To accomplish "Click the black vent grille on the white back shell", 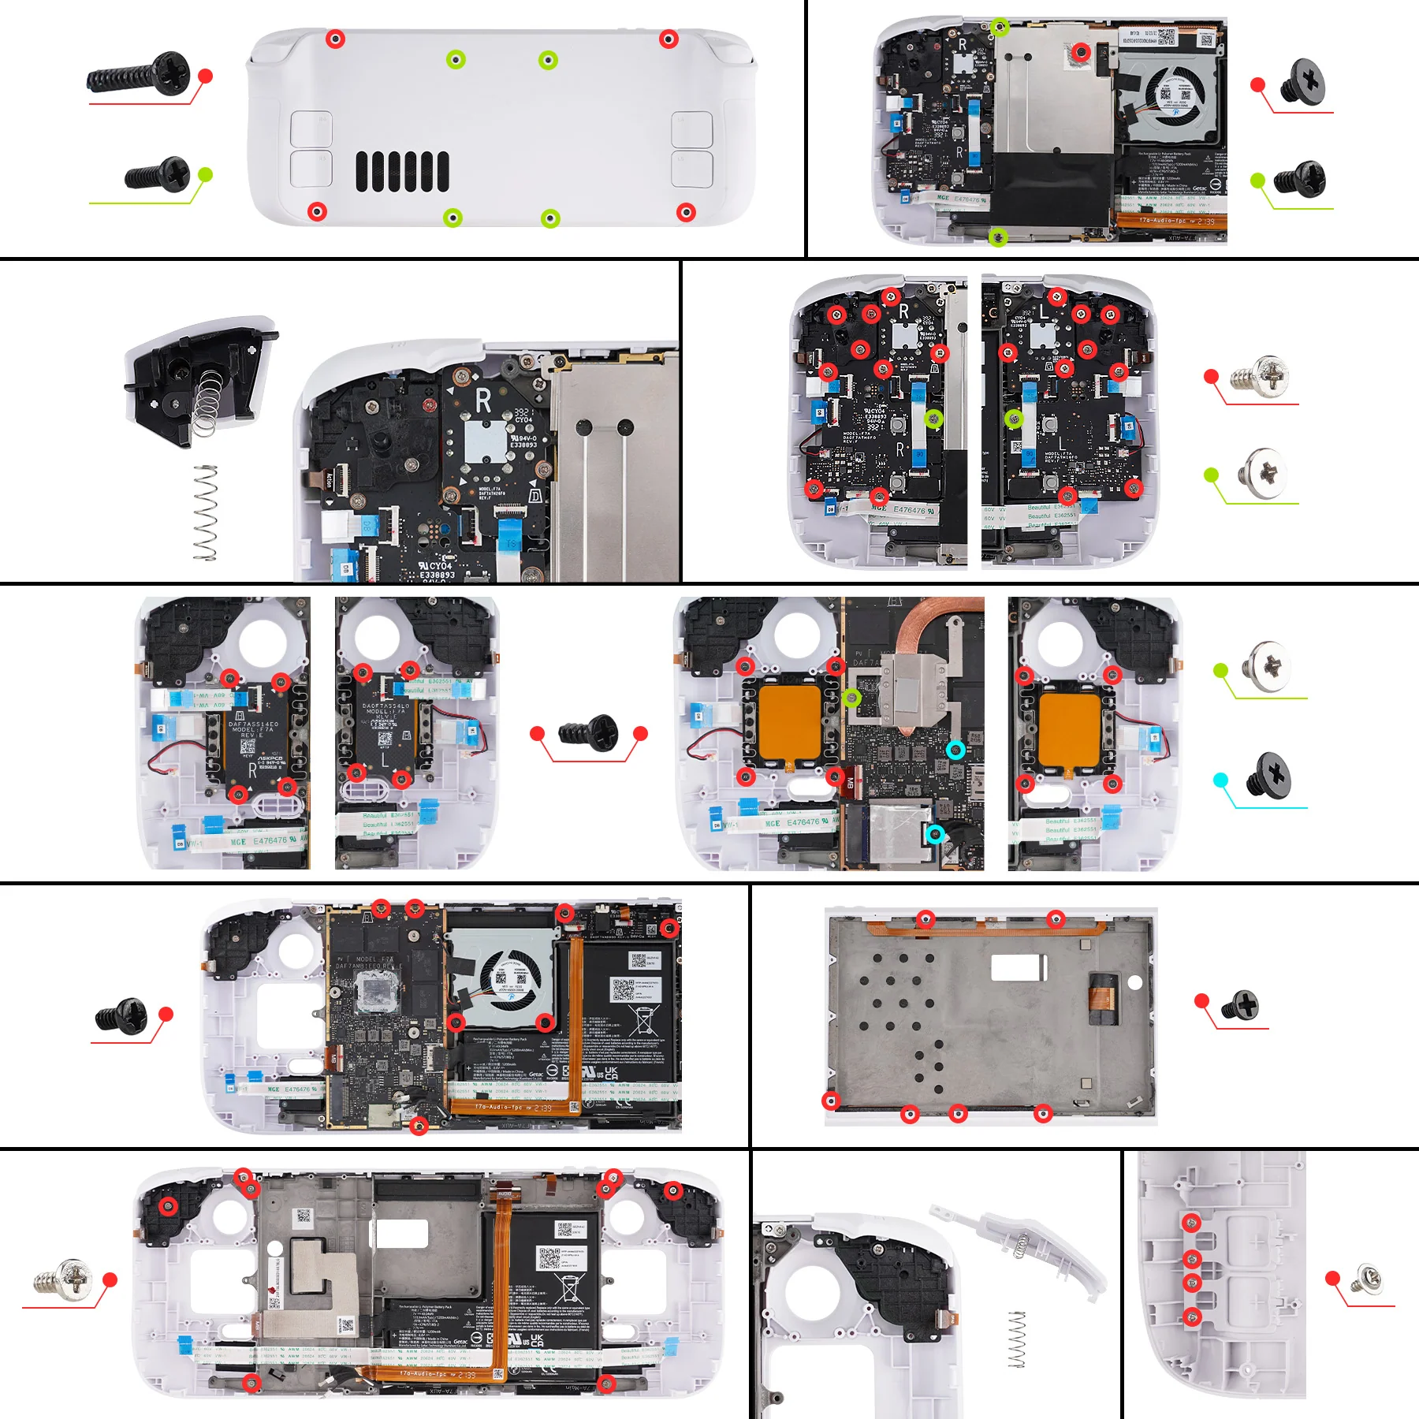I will (402, 171).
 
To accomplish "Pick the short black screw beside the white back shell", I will (158, 174).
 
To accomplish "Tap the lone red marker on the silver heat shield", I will (1082, 52).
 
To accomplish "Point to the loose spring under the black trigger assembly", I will (205, 512).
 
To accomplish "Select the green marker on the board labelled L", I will (1014, 419).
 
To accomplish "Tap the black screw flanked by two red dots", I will (590, 732).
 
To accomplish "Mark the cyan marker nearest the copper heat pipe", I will (955, 750).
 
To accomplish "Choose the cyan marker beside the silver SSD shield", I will (935, 834).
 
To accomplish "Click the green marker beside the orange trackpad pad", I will (851, 698).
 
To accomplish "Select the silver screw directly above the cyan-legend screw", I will (1266, 667).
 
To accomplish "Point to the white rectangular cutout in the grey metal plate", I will (1019, 967).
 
